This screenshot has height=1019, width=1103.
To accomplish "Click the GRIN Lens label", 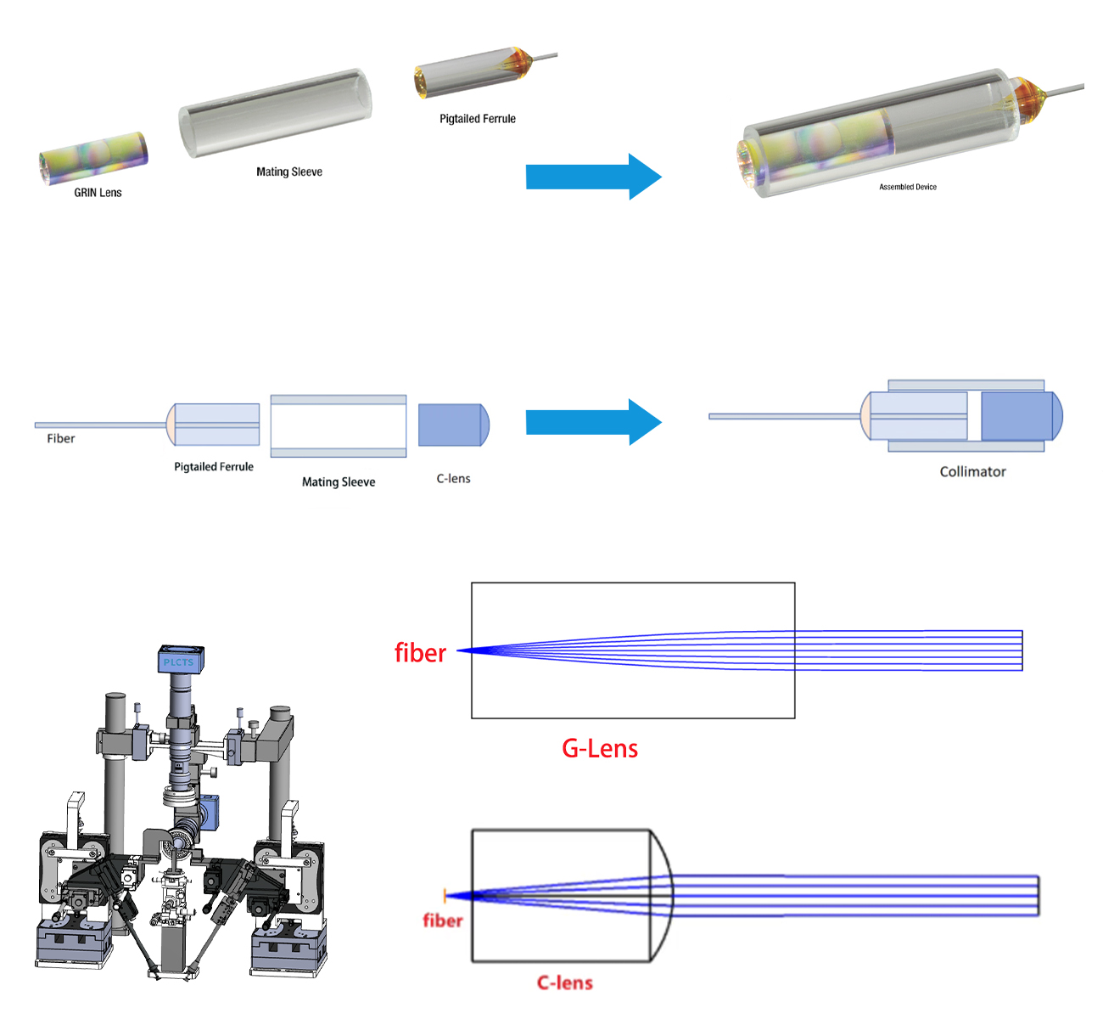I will pos(98,193).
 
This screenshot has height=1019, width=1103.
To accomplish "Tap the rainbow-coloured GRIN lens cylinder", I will pos(94,157).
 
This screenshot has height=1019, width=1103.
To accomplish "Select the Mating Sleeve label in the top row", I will pos(289,172).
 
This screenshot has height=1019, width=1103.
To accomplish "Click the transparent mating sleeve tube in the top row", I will pos(275,112).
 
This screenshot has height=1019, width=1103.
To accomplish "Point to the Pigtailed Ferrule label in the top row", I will pos(478,119).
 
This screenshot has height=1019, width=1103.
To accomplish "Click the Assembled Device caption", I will pos(908,187).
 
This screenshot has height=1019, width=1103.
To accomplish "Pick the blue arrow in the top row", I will pos(593,177).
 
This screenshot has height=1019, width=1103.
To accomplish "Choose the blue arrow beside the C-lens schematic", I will pos(593,422).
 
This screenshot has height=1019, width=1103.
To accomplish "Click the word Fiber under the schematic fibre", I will pos(61,438).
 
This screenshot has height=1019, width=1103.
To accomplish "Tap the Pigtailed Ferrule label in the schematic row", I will pos(214,466).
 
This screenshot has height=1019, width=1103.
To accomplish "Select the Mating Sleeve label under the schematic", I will pos(339,481).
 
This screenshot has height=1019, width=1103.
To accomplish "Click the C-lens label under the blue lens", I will pos(453,478).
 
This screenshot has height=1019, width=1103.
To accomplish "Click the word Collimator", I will pos(972,471).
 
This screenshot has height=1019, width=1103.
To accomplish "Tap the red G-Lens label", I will pos(600,748).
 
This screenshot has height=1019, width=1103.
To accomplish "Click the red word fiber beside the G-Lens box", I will pos(420,652).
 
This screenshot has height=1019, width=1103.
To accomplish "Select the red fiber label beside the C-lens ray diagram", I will pos(443,920).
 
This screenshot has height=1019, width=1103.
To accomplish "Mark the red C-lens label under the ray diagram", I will pos(565,982).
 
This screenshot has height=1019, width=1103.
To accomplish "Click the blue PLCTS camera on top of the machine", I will pos(178,661).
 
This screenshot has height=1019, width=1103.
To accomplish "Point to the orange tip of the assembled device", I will pos(1029,99).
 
